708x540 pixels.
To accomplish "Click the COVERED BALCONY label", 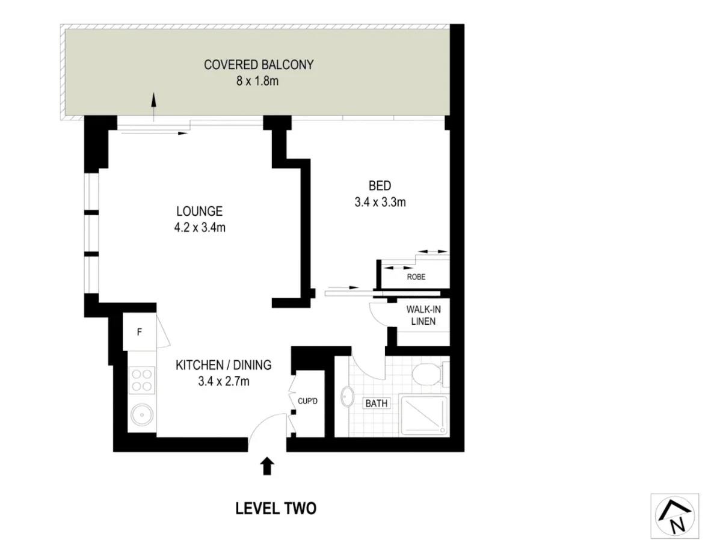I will [x=258, y=65].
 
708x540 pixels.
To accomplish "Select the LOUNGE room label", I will [x=199, y=212].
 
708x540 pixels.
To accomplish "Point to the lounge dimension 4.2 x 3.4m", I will [x=199, y=227].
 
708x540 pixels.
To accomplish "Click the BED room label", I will [x=380, y=185].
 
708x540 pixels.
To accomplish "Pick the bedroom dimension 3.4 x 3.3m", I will [x=380, y=202].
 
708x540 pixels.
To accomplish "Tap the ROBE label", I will [x=416, y=277].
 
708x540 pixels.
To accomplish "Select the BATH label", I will [x=377, y=403].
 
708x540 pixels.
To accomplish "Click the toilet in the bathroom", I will [x=428, y=374].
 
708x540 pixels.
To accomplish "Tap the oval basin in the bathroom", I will [x=348, y=398].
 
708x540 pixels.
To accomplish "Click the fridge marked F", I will [x=139, y=331].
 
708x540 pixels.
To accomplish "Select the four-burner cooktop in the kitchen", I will [x=143, y=380].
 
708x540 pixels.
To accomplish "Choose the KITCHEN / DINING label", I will [x=223, y=364].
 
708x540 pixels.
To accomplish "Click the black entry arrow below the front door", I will [x=267, y=467].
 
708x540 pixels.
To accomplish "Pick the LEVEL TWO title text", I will [x=276, y=509].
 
